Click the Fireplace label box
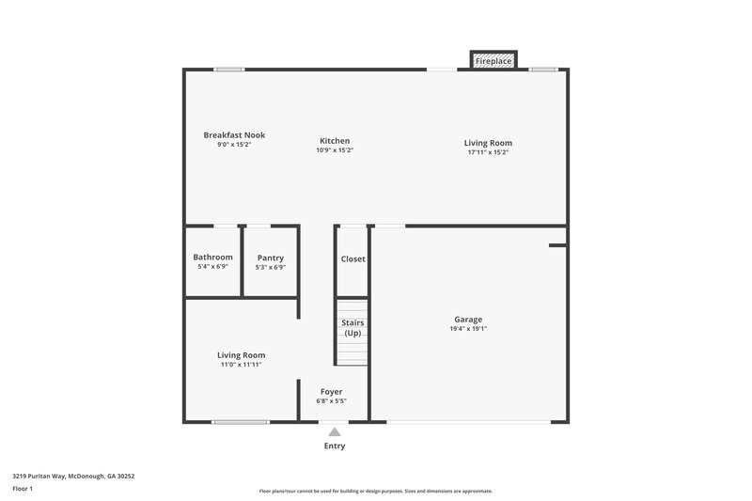pos(493,61)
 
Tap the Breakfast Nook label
pos(234,135)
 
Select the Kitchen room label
pos(335,140)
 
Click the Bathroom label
pos(212,258)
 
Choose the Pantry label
pos(270,258)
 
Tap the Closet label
pos(352,258)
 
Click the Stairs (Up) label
pos(352,328)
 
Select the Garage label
pos(468,320)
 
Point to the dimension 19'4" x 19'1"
pos(468,329)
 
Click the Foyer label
pos(331,391)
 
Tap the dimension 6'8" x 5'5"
pos(331,401)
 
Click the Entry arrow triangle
pos(334,431)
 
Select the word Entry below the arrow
pos(334,446)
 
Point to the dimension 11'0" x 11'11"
pos(241,365)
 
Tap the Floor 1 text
pos(23,490)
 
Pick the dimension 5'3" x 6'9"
pos(270,268)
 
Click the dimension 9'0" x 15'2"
pos(234,146)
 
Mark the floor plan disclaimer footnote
pos(375,491)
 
